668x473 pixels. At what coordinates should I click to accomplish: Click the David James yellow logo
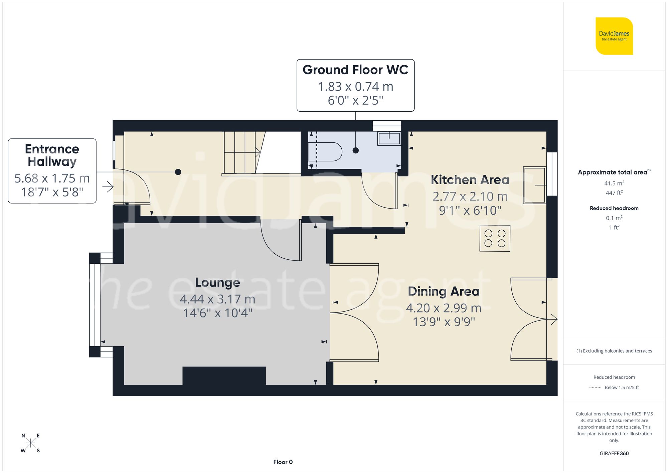(614, 36)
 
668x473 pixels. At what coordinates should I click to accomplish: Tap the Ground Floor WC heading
(355, 70)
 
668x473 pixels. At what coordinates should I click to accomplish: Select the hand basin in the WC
(389, 138)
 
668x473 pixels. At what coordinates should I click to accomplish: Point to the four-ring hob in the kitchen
(495, 238)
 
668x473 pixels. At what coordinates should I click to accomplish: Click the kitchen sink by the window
(534, 185)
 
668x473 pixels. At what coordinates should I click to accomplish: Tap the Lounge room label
(217, 283)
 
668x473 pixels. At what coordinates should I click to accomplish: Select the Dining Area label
(444, 291)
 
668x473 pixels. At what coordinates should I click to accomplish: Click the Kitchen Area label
(470, 180)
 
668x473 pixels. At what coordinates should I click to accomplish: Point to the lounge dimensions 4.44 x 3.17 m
(217, 299)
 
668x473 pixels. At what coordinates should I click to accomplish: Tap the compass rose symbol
(30, 443)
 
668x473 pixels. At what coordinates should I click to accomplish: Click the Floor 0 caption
(283, 462)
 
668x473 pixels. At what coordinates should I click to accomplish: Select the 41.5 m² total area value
(614, 183)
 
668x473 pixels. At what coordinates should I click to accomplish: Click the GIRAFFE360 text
(614, 453)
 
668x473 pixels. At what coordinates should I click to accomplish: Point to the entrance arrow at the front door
(108, 187)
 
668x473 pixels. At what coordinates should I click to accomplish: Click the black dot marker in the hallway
(178, 172)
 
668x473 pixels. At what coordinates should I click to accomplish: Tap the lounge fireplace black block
(224, 376)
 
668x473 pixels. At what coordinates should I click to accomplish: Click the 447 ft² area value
(614, 193)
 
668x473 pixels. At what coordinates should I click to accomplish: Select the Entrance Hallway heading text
(52, 155)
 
